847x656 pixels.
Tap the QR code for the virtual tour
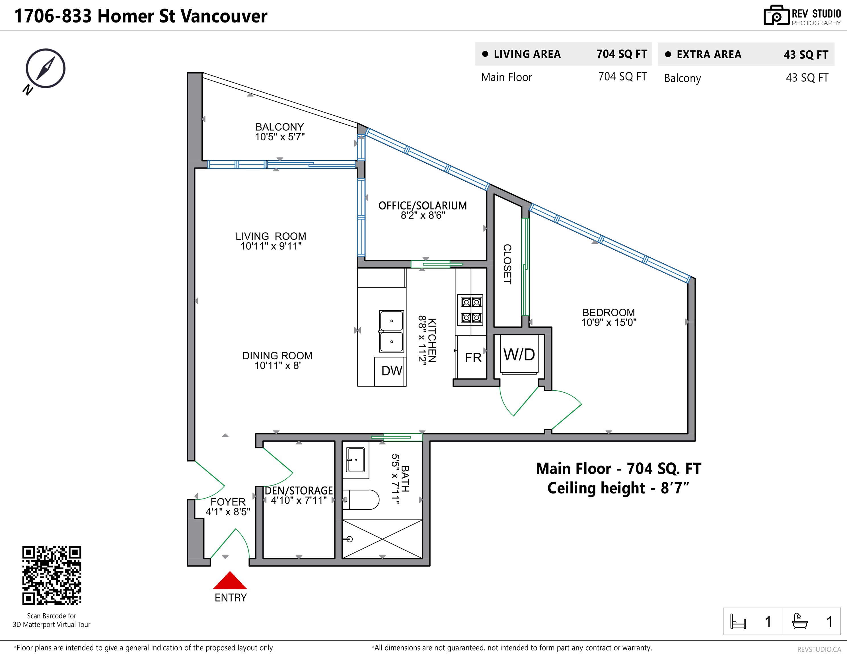(52, 575)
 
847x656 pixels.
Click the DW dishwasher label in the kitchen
(392, 371)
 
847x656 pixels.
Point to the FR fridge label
(473, 357)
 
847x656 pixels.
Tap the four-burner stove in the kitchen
(471, 309)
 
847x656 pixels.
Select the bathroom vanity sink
(355, 460)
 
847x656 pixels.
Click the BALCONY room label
(279, 127)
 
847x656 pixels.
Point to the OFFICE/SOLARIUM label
(423, 206)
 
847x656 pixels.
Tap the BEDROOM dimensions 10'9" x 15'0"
(609, 322)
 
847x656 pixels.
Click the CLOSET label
(507, 264)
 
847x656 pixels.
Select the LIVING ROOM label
(271, 236)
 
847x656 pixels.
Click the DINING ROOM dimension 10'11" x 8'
(277, 365)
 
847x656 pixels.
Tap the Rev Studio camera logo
(776, 16)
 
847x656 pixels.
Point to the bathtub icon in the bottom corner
(800, 621)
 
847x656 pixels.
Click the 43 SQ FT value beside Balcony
(807, 78)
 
